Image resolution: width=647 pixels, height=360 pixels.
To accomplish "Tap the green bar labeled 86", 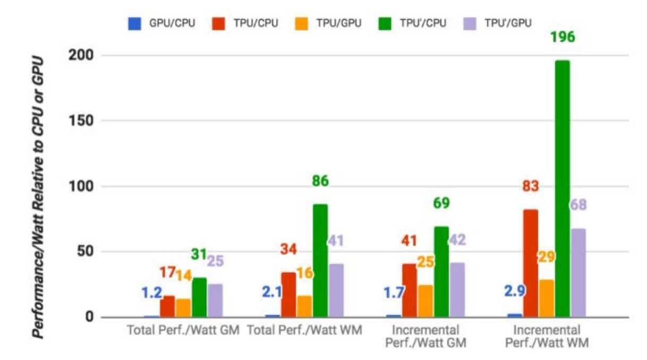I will (x=320, y=261).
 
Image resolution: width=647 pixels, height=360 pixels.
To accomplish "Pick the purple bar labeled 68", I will (x=578, y=273).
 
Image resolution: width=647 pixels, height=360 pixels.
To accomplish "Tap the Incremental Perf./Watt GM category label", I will (x=426, y=336).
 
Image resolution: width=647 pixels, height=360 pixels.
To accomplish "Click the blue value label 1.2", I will (x=151, y=293).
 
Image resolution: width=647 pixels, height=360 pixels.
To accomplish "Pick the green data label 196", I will (x=563, y=38).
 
